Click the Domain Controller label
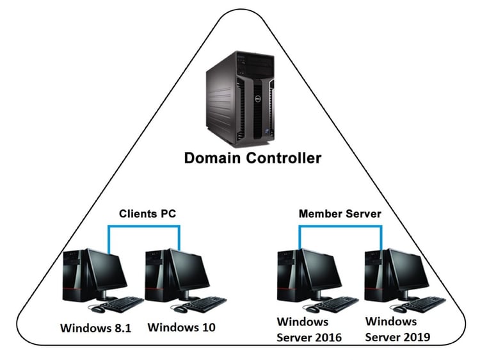pyautogui.click(x=253, y=158)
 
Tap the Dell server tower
pyautogui.click(x=240, y=99)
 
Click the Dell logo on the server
pyautogui.click(x=259, y=99)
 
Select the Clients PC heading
pyautogui.click(x=148, y=213)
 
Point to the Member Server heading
pyautogui.click(x=340, y=213)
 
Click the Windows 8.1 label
pyautogui.click(x=96, y=328)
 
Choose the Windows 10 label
pyautogui.click(x=182, y=327)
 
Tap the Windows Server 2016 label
pyautogui.click(x=309, y=330)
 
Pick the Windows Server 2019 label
pyautogui.click(x=397, y=329)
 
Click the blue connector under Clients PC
pyautogui.click(x=144, y=226)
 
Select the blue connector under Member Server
pyautogui.click(x=340, y=226)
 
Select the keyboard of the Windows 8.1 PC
pyautogui.click(x=122, y=304)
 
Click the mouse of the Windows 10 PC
pyautogui.click(x=180, y=309)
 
